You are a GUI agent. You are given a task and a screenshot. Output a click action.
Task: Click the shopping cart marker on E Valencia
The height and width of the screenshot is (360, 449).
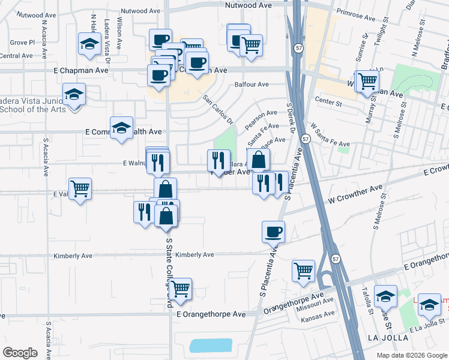point(80,189)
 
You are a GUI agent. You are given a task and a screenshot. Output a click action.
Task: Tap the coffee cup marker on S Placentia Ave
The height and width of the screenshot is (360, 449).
point(273,231)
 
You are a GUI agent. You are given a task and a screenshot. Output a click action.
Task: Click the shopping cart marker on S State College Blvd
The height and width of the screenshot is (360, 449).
point(180,289)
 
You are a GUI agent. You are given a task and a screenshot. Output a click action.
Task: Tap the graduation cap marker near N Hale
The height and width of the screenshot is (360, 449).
point(89,44)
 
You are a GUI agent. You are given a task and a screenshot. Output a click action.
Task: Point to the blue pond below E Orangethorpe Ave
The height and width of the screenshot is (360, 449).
point(210,346)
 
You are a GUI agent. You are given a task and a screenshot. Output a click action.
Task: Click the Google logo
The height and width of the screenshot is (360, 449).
point(19,353)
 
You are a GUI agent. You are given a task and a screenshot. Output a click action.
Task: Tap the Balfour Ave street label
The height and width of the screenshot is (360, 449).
point(252,85)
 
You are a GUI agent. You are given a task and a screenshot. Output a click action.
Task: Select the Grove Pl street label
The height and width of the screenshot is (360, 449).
point(23,43)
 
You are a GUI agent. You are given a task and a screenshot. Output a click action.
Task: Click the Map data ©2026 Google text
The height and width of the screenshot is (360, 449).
point(411,355)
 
